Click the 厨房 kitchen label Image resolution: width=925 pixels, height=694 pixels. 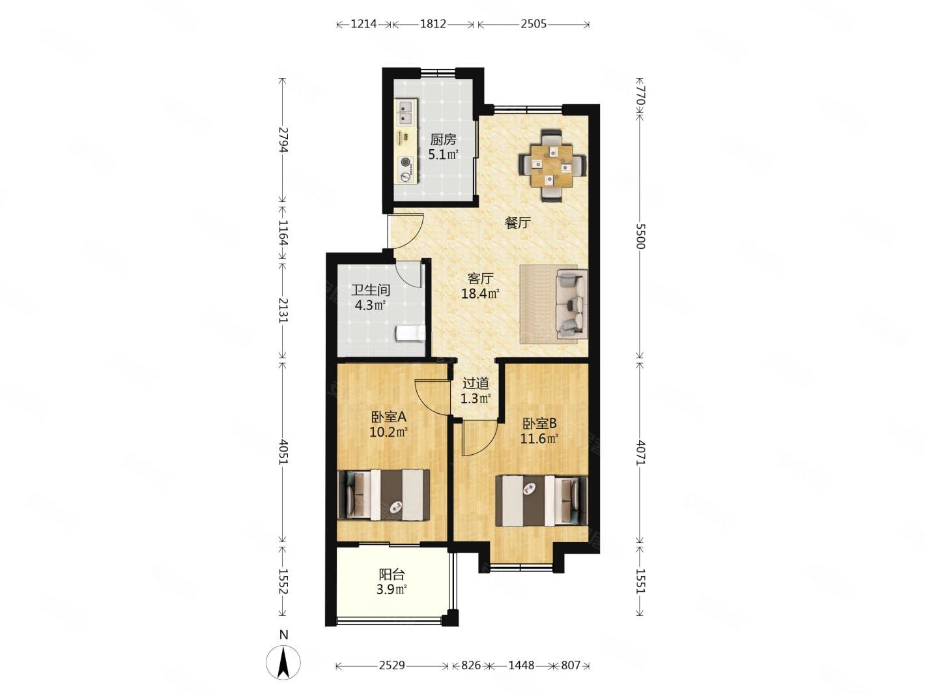(x=443, y=139)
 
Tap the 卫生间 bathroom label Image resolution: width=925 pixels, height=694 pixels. (x=371, y=290)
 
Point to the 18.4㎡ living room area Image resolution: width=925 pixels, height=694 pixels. (x=480, y=293)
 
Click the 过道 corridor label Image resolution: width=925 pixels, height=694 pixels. (x=476, y=383)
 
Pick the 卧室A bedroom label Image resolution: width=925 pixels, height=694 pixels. (x=388, y=417)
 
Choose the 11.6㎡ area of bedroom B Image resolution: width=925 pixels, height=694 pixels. (x=539, y=439)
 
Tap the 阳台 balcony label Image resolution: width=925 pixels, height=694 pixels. (x=392, y=574)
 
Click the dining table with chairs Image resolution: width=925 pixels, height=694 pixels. (x=551, y=165)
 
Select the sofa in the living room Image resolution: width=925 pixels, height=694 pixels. (x=571, y=304)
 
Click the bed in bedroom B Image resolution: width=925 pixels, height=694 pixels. (x=541, y=500)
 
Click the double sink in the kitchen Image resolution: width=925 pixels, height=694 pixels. (x=111, y=112)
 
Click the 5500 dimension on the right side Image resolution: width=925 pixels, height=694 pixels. (x=640, y=237)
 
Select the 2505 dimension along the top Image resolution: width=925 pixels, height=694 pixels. (x=534, y=24)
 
